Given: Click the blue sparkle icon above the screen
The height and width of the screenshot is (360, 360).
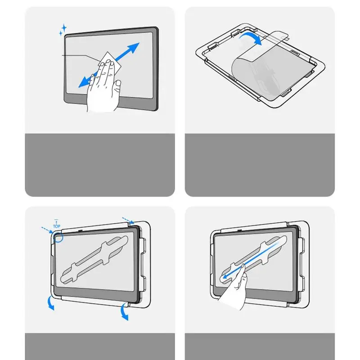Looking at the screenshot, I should pyautogui.click(x=63, y=31).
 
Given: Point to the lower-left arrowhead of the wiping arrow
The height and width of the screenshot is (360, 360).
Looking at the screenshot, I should pyautogui.click(x=83, y=84).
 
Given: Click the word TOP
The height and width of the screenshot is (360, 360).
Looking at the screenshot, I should pyautogui.click(x=57, y=226).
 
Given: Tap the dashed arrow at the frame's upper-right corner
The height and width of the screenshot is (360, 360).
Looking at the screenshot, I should pyautogui.click(x=129, y=222).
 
